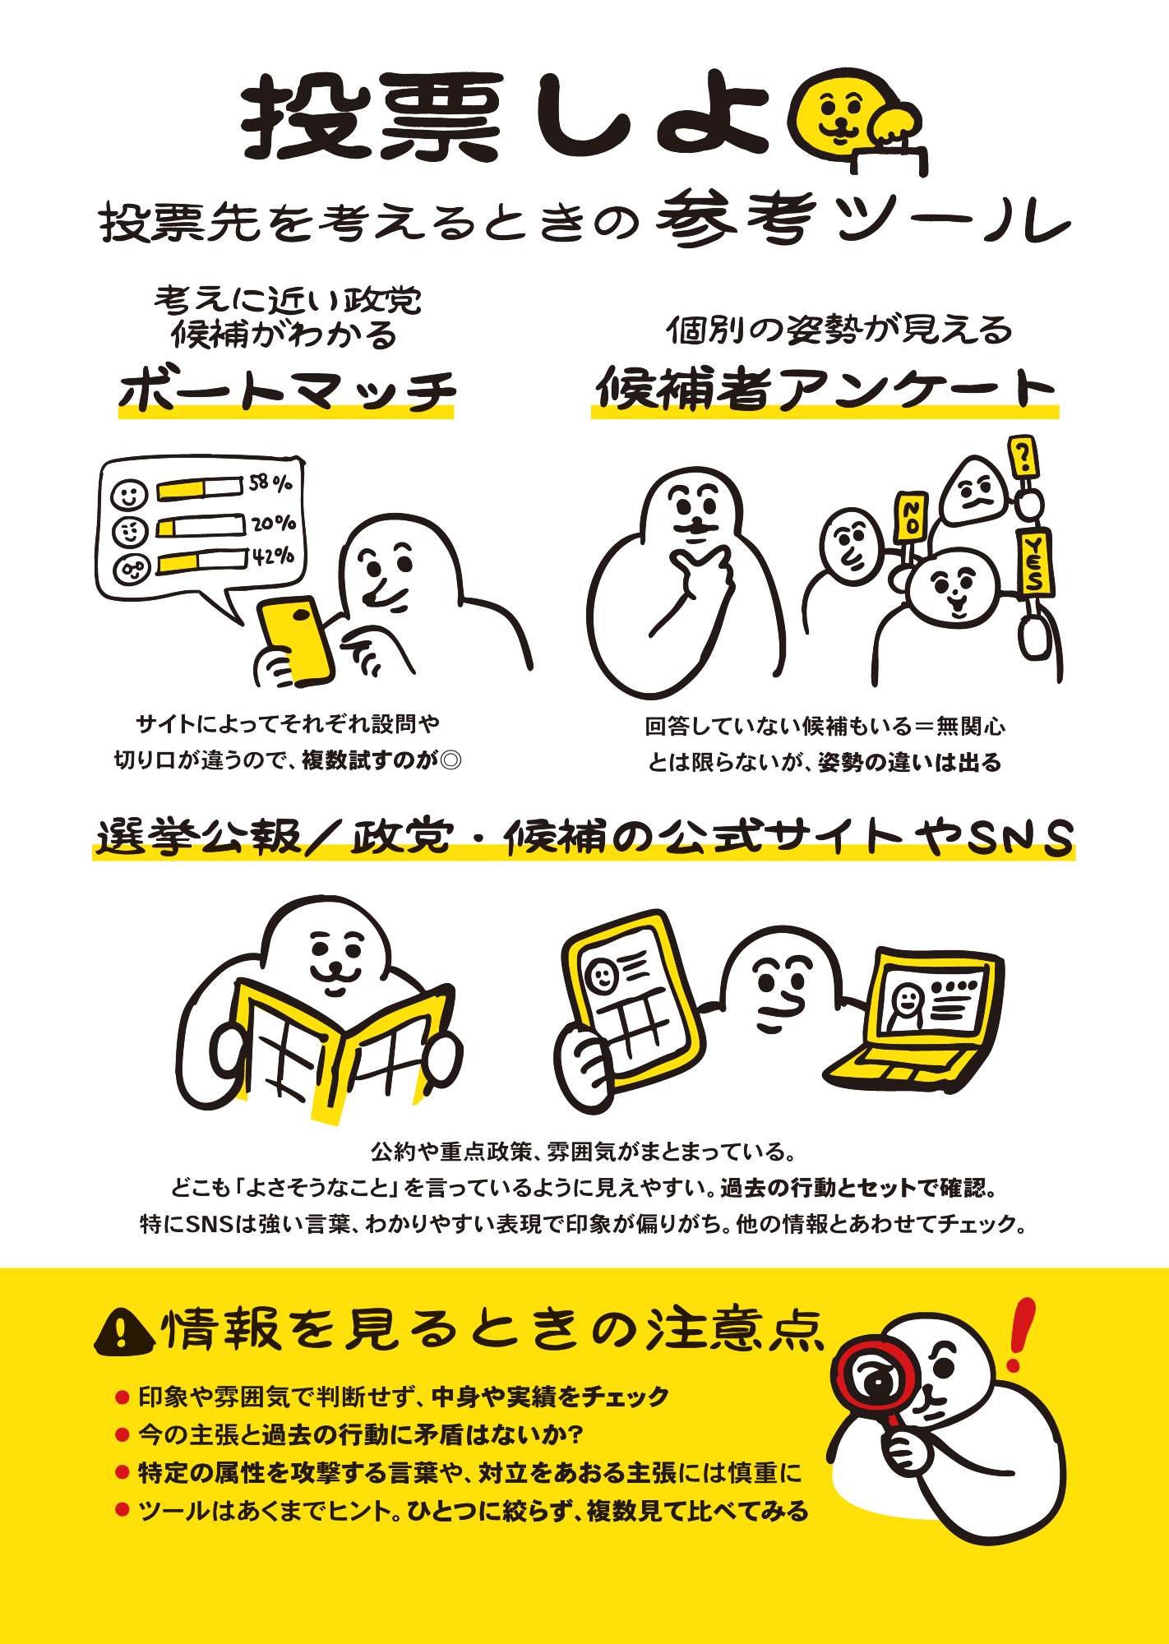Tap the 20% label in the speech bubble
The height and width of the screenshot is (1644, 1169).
point(274,523)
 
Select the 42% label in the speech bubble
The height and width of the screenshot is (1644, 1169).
point(274,556)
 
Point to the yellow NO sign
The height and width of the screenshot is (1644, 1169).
point(911,517)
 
